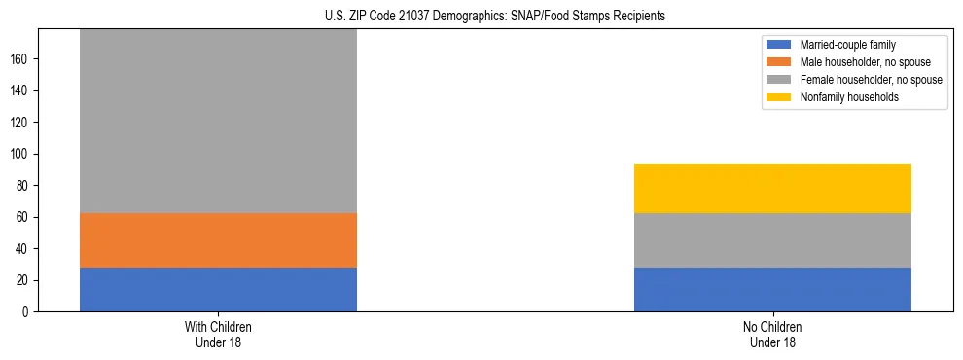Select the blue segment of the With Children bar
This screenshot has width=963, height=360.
(x=218, y=289)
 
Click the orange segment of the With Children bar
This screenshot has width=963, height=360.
(x=218, y=240)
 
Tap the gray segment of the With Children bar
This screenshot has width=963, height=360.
(x=218, y=122)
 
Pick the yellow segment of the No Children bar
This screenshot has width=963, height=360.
(x=772, y=189)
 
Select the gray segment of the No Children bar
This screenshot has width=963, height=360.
(x=772, y=240)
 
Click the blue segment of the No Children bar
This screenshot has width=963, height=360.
(x=772, y=289)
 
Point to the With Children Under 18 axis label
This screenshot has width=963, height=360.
(x=218, y=334)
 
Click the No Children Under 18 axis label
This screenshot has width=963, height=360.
(x=772, y=334)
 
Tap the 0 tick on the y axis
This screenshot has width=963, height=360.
(x=25, y=311)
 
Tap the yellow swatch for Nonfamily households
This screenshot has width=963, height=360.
(x=779, y=97)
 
